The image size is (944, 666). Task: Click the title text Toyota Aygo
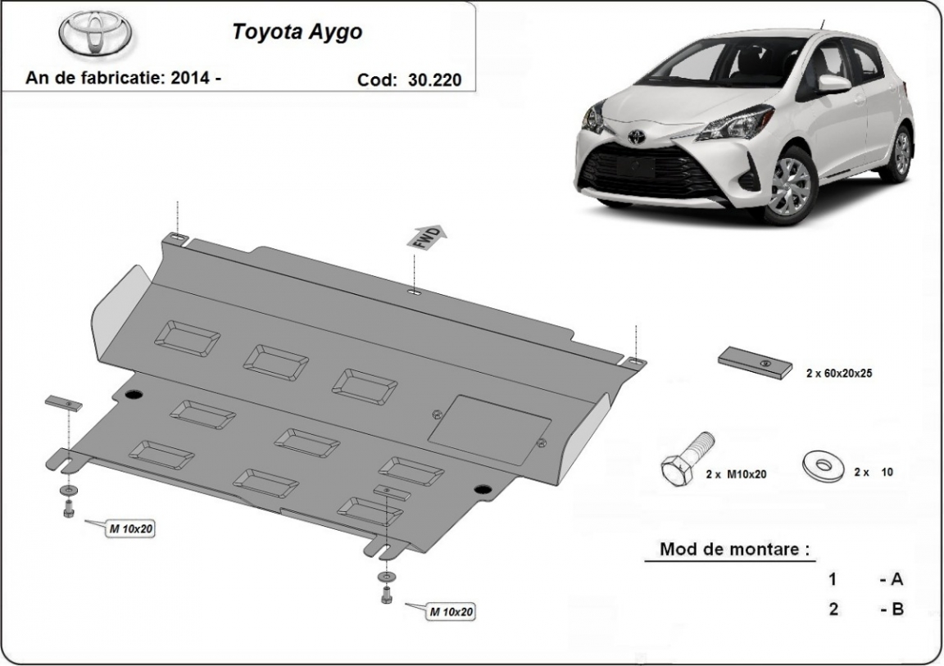point(297,32)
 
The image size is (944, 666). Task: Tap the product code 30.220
point(434,79)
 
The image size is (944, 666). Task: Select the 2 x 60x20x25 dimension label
point(839,373)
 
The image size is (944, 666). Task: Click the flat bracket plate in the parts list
point(755,363)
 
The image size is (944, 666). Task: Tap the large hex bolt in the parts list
point(687,459)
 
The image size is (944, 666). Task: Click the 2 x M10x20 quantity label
point(737,474)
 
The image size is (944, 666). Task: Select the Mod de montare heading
point(734,549)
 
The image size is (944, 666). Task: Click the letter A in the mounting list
point(896,579)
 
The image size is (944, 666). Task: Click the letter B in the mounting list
point(897,609)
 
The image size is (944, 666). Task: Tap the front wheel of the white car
point(789,183)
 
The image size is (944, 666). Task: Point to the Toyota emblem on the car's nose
point(636,137)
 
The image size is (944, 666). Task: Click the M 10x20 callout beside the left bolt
point(130,529)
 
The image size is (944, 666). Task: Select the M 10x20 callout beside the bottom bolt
point(451,612)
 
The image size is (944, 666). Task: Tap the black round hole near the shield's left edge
point(134,395)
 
